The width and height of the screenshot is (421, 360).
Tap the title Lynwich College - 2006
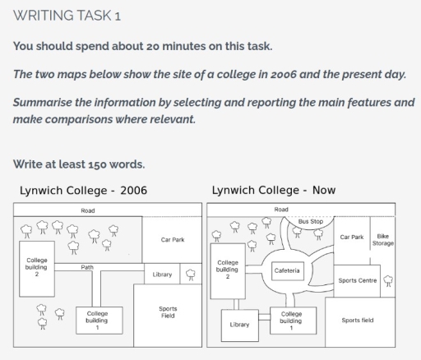(x=83, y=190)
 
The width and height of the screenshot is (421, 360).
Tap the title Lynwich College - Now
(x=273, y=190)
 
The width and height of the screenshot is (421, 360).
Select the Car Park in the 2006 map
(x=173, y=239)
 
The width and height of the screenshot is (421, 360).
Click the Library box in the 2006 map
(x=162, y=275)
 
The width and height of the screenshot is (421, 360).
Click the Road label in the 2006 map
(x=87, y=210)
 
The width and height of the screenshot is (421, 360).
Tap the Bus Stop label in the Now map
(x=310, y=222)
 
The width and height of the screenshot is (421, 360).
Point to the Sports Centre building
(x=357, y=280)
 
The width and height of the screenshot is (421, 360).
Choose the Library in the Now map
(x=239, y=325)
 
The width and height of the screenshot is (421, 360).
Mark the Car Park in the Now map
(x=351, y=237)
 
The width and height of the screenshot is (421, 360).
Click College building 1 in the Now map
(x=291, y=320)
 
